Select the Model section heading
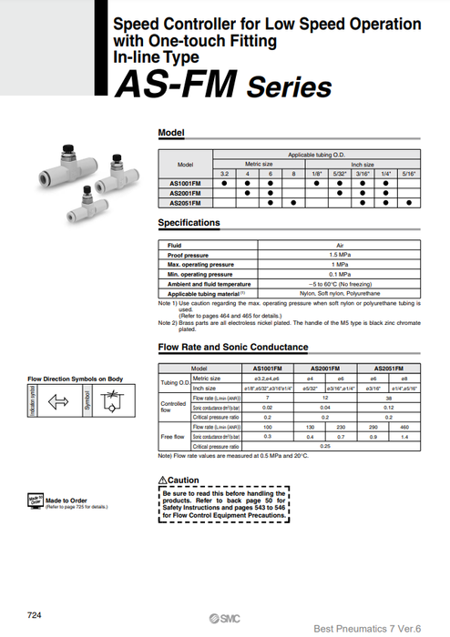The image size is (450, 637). (171, 133)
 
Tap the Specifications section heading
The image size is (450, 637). (189, 222)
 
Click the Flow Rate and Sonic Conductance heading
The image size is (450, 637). (233, 347)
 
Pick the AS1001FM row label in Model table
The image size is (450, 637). (186, 183)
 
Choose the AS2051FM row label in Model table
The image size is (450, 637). (186, 202)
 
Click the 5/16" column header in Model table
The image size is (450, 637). (410, 173)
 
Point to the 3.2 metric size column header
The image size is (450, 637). (224, 173)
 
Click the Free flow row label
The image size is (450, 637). (173, 436)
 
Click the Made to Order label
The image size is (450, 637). (66, 500)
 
